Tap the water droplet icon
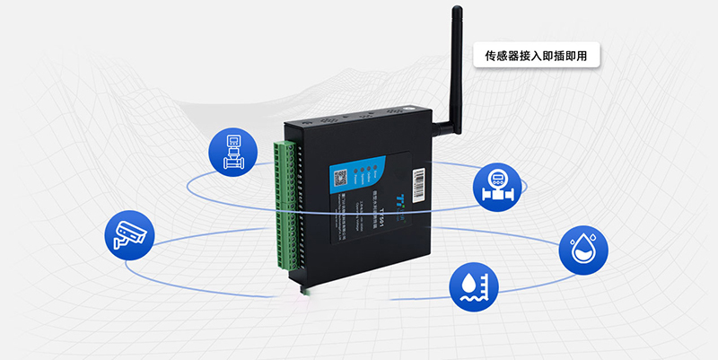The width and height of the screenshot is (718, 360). pos(584,249)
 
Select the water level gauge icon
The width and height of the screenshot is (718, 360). pos(475,286)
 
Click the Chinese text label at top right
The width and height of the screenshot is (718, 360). pos(536,56)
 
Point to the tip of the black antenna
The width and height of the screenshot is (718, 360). pos(455,11)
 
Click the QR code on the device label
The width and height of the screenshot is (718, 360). pos(341,176)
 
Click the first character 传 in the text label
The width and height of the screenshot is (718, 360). pos(490,56)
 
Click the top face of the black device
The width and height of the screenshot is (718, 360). pos(359,119)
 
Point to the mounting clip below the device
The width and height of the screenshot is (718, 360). pos(301,289)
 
